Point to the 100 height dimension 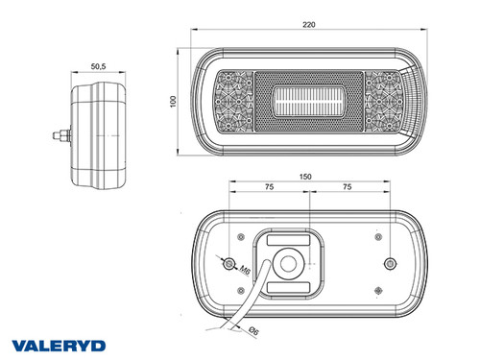(174, 102)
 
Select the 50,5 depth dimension (98, 66)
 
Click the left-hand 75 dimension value (269, 189)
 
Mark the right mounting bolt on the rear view (389, 264)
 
